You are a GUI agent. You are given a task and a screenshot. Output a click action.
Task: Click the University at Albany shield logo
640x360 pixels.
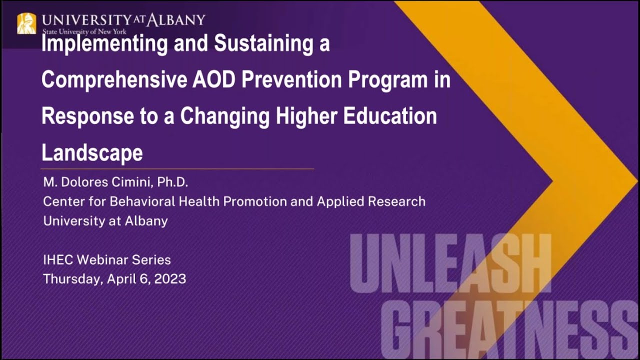tap(26, 23)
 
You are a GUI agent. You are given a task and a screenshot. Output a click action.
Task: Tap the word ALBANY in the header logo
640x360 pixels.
tap(175, 20)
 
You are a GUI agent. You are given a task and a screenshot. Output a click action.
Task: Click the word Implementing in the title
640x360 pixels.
tap(104, 44)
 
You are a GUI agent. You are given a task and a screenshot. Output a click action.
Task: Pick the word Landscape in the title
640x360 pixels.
tap(92, 152)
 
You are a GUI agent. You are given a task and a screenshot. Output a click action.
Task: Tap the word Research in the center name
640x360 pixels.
tap(398, 201)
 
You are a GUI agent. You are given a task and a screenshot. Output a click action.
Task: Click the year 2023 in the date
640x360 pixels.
tap(170, 278)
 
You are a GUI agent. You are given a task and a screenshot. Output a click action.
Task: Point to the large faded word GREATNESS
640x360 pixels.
tap(510, 327)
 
